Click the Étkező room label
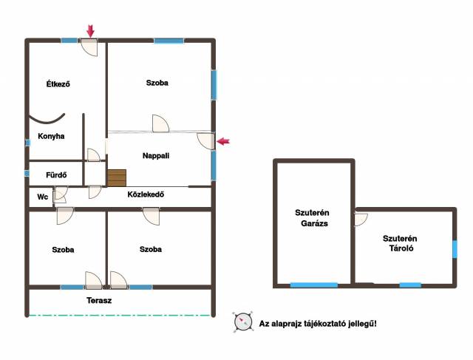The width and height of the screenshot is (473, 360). [x=58, y=84]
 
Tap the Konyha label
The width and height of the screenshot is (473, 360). [x=51, y=136]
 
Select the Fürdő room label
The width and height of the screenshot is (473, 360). [x=56, y=174]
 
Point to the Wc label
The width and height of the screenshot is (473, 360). [x=43, y=197]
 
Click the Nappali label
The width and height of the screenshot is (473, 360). [x=156, y=156]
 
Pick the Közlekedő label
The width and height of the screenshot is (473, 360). [x=146, y=194]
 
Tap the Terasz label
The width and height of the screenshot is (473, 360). [x=99, y=301]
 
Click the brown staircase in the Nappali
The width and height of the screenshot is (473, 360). [x=117, y=178]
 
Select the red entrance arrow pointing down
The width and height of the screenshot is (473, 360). [x=90, y=31]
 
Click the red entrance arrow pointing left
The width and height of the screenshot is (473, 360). [x=223, y=141]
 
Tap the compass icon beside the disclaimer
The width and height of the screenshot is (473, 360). [x=243, y=322]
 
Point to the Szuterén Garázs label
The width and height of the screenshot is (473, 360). [x=313, y=218]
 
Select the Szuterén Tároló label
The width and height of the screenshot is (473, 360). [x=400, y=243]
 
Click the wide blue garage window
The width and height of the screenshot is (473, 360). [x=313, y=285]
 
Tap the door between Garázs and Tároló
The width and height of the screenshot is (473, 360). [x=361, y=220]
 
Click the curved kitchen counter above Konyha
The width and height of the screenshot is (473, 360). [x=47, y=120]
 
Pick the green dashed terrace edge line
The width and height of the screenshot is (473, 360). [x=120, y=316]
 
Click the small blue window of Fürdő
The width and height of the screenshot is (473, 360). [x=27, y=174]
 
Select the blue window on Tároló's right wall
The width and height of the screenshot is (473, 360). [x=455, y=249]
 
